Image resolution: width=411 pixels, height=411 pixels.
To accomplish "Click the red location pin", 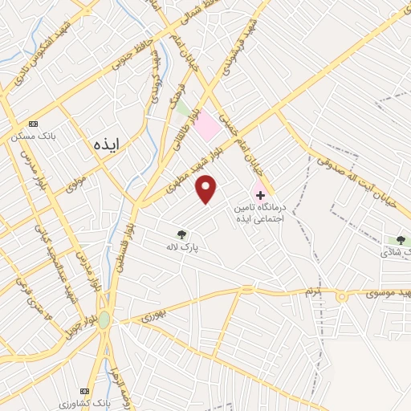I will click(206, 189).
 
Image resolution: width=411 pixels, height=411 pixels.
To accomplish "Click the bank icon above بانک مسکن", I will click(33, 124).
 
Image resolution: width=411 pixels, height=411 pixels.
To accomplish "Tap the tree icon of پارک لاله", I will click(182, 235).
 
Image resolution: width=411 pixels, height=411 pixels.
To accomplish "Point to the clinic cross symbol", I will click(260, 195).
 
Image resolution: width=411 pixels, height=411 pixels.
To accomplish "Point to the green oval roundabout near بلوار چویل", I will click(104, 319).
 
